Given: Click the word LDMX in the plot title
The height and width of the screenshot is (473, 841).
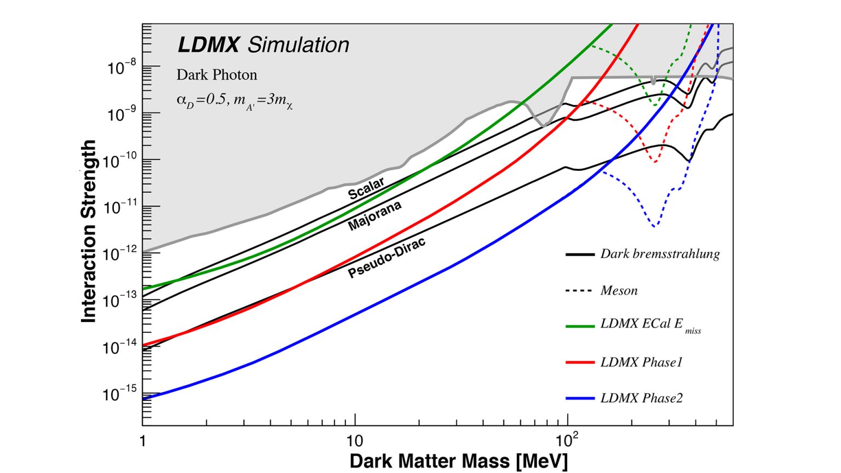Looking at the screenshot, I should [x=208, y=45].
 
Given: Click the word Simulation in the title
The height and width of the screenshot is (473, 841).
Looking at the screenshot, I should [x=298, y=45].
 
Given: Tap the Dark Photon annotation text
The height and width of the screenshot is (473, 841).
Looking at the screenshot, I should [x=217, y=74].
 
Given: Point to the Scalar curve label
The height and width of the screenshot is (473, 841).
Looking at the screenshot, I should [x=366, y=188].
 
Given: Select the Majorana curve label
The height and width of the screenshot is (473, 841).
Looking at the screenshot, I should [x=375, y=215].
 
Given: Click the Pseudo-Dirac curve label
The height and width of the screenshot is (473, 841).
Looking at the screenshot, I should [x=387, y=258].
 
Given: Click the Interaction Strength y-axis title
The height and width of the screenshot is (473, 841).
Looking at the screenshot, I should [x=89, y=231].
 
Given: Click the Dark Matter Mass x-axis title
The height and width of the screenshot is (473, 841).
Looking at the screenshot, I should [x=459, y=461].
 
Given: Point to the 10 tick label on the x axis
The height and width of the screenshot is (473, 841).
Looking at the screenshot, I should [x=355, y=440].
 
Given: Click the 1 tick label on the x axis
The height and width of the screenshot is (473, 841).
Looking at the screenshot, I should [x=143, y=440].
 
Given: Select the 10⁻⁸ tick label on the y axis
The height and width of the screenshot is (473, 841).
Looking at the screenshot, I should [x=122, y=68].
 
